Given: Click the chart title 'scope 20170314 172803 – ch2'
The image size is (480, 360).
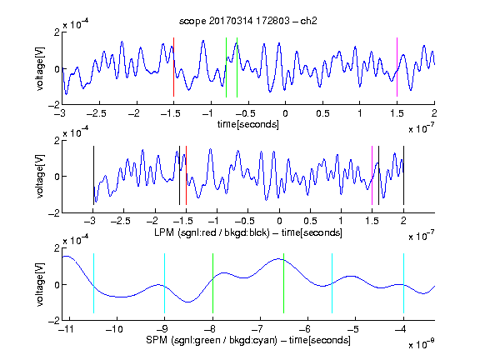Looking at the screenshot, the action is [x=248, y=21].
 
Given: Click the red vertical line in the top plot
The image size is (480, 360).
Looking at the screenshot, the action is [x=173, y=67].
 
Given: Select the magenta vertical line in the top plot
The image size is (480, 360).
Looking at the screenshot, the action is [x=397, y=67].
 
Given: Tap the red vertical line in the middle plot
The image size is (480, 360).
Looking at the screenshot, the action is [x=186, y=175].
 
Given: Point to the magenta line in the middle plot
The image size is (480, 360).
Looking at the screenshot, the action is [x=372, y=175].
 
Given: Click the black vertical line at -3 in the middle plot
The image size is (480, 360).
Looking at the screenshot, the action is [x=93, y=175].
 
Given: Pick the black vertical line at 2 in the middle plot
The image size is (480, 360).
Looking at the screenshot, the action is [x=403, y=175].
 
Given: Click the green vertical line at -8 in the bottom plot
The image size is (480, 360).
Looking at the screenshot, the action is [x=212, y=283].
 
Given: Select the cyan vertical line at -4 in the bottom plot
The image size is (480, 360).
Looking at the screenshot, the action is [x=403, y=283].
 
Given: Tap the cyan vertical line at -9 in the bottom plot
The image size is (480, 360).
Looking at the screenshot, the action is [x=164, y=283].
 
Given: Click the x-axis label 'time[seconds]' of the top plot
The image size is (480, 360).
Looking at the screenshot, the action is [x=248, y=124].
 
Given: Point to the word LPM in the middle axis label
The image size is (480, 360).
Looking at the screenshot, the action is [x=164, y=232].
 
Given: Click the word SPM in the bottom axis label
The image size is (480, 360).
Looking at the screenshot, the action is [x=156, y=340].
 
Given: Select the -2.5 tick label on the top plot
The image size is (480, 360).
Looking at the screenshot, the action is [x=97, y=113].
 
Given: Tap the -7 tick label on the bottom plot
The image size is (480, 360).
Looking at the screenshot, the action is [x=257, y=329].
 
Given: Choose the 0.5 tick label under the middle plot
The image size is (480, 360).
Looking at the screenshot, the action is [x=310, y=221].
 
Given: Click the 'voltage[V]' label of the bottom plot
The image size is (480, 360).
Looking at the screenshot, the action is [x=40, y=284].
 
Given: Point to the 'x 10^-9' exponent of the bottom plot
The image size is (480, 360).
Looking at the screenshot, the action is [x=422, y=344].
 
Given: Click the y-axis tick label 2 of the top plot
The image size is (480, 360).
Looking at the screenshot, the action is [x=57, y=32].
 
